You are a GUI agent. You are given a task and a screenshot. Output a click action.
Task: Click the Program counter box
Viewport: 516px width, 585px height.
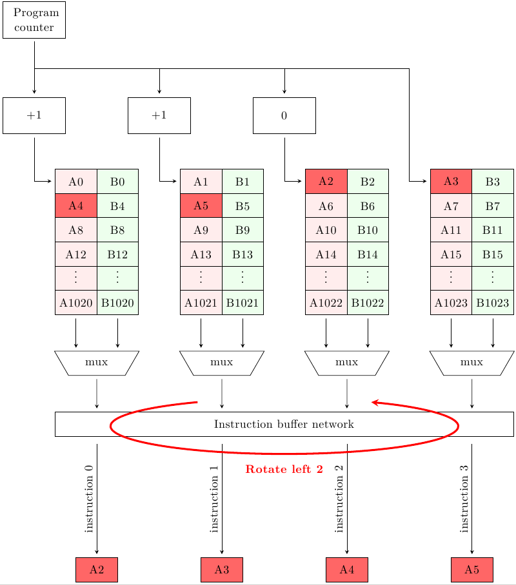(x=34, y=20)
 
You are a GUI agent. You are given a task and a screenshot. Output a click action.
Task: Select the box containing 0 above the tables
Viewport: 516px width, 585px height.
(x=284, y=115)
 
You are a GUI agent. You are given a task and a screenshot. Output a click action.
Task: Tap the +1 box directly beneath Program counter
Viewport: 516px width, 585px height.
(x=34, y=115)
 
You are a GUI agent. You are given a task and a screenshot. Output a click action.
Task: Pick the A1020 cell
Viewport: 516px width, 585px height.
(x=76, y=302)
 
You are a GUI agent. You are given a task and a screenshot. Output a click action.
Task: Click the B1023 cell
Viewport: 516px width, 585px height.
(x=493, y=302)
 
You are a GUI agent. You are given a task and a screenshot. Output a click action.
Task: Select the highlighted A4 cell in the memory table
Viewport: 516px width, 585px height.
(x=76, y=206)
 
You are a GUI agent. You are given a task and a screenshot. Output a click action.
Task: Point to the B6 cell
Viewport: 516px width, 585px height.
(x=368, y=206)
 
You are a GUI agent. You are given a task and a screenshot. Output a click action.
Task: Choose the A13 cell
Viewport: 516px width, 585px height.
(x=201, y=254)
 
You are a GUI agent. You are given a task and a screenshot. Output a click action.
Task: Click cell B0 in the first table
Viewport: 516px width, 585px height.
(x=117, y=181)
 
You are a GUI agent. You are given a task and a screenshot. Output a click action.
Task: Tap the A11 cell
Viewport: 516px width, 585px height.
(x=451, y=229)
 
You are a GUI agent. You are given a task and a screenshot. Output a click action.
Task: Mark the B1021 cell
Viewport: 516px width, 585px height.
(x=243, y=302)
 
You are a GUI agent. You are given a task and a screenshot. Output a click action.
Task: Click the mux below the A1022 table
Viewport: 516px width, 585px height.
(x=347, y=363)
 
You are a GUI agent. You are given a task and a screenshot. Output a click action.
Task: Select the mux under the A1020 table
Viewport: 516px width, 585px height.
(x=97, y=363)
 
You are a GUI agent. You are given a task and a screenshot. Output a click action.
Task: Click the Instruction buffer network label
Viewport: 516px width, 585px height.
(x=284, y=424)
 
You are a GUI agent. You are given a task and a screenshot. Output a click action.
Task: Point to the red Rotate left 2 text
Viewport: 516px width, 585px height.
(x=284, y=470)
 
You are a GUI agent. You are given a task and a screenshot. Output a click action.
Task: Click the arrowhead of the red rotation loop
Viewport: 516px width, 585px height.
(x=374, y=403)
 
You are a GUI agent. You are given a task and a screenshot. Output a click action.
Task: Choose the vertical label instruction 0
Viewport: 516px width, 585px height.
(x=89, y=499)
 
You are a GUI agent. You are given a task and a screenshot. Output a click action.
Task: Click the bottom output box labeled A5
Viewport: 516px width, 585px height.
(x=471, y=570)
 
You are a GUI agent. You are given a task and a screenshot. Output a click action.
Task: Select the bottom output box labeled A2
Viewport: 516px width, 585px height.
(x=97, y=570)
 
